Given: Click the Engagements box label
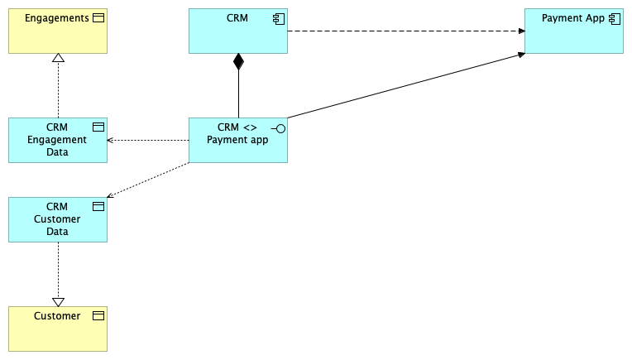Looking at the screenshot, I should click(x=56, y=18).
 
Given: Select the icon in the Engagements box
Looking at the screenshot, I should click(x=98, y=18).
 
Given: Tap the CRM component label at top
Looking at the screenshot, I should click(x=237, y=18).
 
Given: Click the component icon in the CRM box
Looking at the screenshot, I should click(x=278, y=18).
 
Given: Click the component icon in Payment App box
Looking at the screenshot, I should click(x=614, y=18).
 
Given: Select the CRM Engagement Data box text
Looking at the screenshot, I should click(x=57, y=140).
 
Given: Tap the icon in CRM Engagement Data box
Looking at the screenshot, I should click(x=98, y=127).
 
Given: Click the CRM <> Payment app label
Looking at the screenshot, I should click(x=237, y=133).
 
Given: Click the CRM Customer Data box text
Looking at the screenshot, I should click(x=57, y=219).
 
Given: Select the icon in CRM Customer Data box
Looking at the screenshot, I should click(x=98, y=207).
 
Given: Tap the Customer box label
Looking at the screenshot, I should click(x=57, y=316).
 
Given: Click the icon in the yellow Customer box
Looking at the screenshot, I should click(x=98, y=316).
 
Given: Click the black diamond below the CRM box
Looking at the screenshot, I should click(x=238, y=61).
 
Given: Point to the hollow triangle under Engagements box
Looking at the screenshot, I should click(x=58, y=59).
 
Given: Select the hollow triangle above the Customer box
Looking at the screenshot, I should click(x=58, y=301).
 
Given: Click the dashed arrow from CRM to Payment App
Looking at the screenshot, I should click(x=405, y=31).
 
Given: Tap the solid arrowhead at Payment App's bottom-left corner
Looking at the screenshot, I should click(x=520, y=55).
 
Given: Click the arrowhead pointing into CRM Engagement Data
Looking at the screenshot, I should click(x=111, y=140).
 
